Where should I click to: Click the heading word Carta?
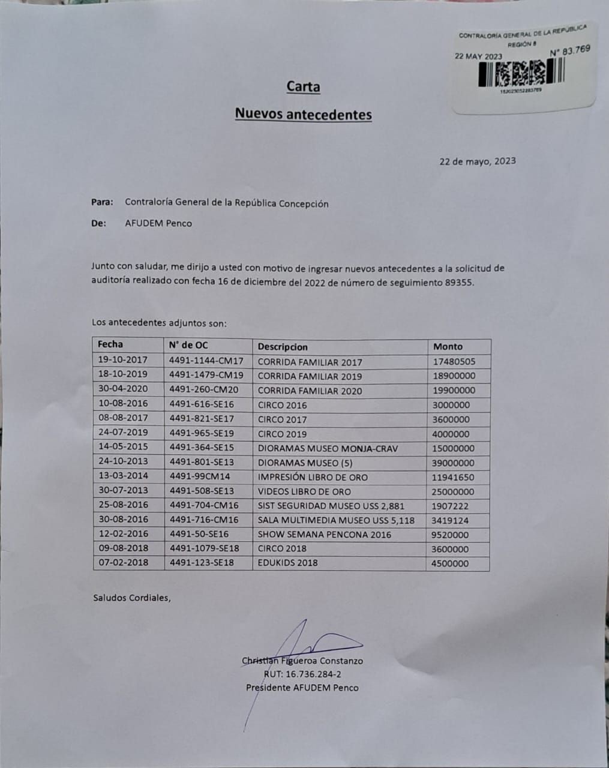click(303, 87)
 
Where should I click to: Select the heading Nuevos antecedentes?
click(303, 114)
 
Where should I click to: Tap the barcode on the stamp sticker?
click(521, 74)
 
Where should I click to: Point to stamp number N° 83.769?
click(569, 51)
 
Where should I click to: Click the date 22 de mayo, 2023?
click(477, 161)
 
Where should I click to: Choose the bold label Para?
click(102, 202)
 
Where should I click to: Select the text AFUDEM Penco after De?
click(158, 223)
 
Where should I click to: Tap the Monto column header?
click(448, 346)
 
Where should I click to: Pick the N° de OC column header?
click(188, 345)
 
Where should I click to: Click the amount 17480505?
click(454, 362)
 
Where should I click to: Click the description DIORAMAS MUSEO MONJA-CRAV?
click(328, 448)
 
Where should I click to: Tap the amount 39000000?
click(454, 463)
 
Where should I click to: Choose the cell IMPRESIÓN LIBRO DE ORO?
click(313, 477)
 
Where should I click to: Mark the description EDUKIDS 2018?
click(287, 563)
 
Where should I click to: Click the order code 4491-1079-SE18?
click(204, 548)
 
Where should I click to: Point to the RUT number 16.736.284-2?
click(302, 674)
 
